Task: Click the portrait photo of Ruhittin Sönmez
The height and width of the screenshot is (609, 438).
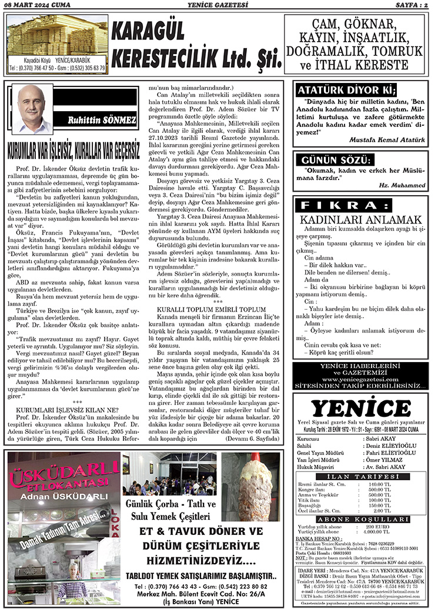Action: click(32, 108)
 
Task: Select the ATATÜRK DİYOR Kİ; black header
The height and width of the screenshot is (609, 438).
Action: click(347, 90)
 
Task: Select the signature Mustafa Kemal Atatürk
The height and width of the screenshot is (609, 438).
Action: click(387, 140)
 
